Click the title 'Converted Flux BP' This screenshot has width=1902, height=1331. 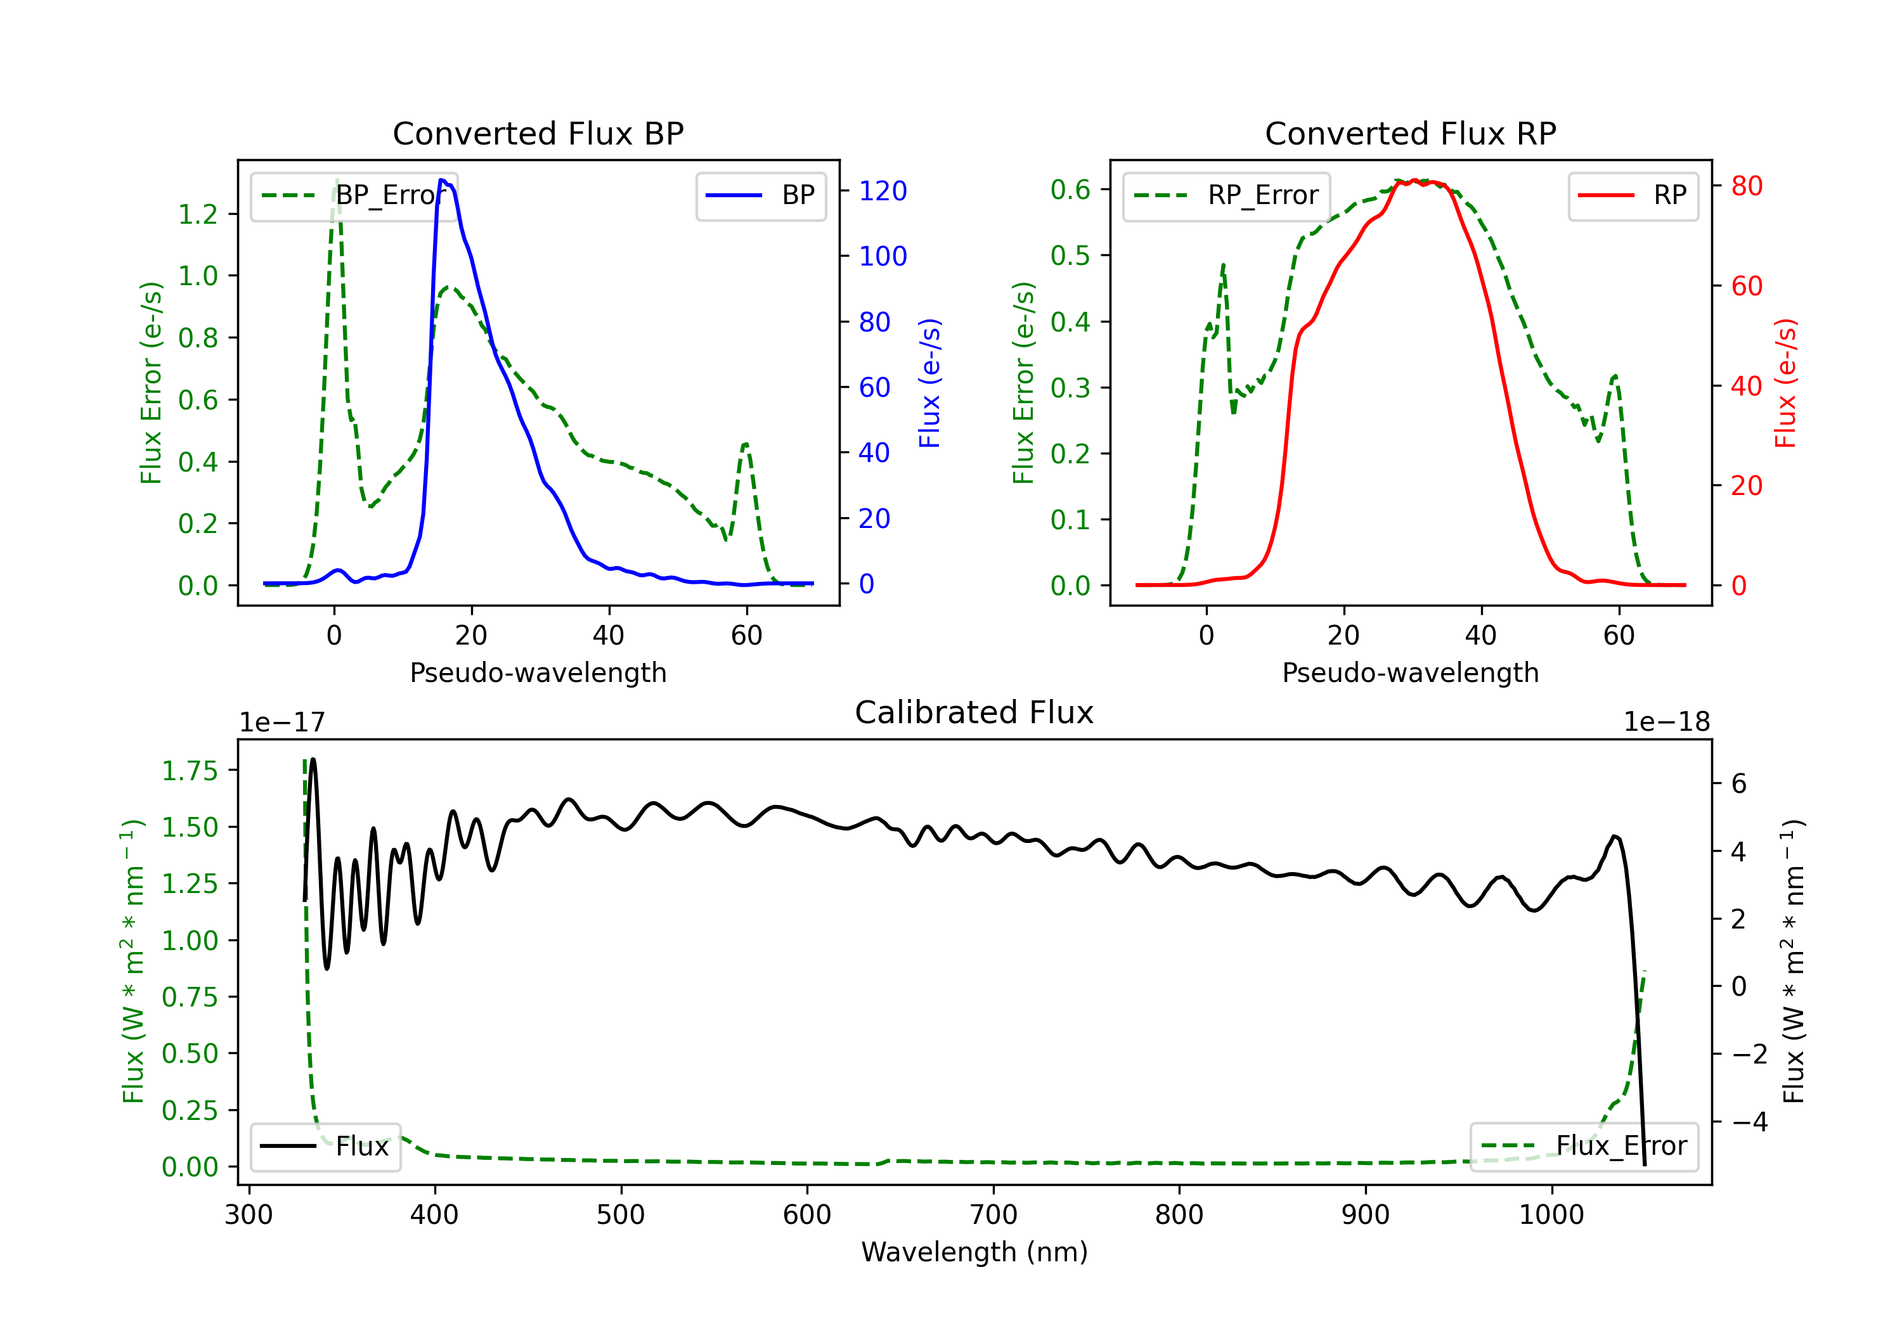(538, 133)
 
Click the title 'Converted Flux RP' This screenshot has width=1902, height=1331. (1410, 133)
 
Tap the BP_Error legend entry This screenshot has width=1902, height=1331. (354, 195)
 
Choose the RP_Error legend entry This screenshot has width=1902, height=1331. (1226, 195)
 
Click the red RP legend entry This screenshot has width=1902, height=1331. (1633, 195)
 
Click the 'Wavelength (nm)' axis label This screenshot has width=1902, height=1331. (974, 1252)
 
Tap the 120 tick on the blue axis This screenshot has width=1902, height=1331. (883, 191)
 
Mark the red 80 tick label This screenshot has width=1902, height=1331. (1746, 186)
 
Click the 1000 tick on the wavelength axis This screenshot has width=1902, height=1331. (1551, 1214)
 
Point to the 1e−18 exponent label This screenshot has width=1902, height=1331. (1667, 723)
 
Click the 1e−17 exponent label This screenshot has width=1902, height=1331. (283, 723)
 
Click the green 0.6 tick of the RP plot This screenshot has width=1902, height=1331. (1070, 190)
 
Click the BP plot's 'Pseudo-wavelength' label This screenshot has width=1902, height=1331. (538, 672)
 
